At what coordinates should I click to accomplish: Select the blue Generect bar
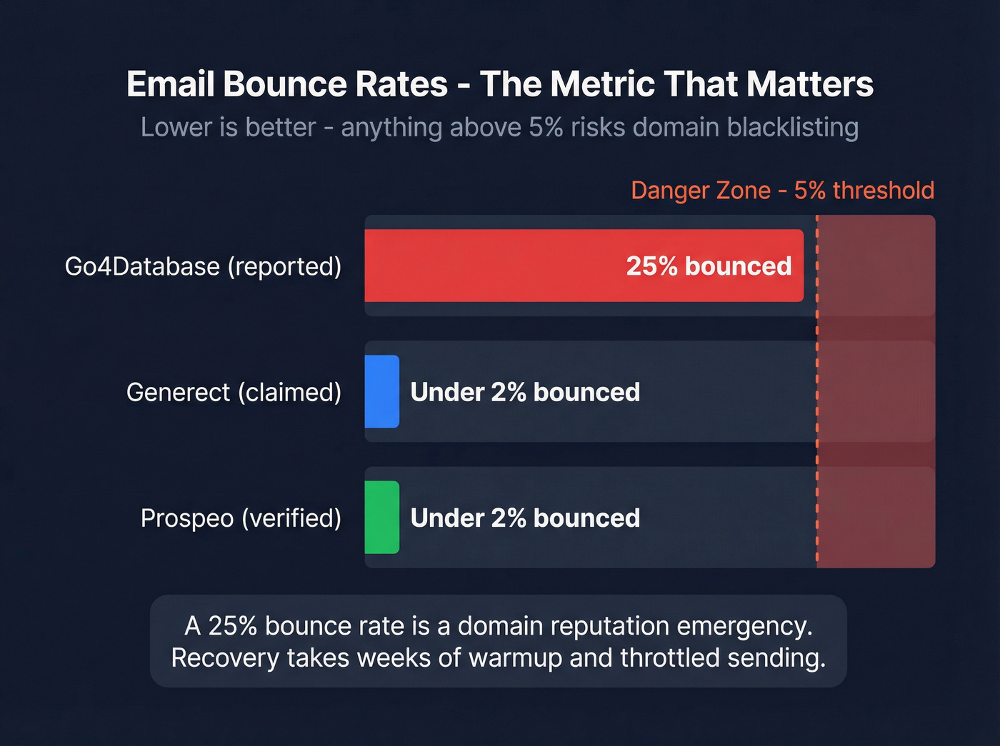coord(381,391)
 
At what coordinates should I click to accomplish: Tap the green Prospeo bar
coord(381,518)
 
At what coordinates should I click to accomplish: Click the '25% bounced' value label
coord(709,266)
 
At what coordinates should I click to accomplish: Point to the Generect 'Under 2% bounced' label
coord(525,392)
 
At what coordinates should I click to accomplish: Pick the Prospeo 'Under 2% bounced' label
coord(525,518)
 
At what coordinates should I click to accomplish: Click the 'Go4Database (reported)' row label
coord(203,266)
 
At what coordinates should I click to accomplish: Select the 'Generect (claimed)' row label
coord(234,392)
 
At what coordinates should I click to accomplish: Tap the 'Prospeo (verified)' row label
coord(241,518)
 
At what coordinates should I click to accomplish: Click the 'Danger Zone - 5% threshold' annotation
coord(782,191)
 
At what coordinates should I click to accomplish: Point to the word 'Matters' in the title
coord(810,84)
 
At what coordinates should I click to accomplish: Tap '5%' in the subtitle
coord(546,127)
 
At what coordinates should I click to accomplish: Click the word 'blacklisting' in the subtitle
coord(793,127)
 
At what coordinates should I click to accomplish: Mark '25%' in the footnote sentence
coord(233,626)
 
